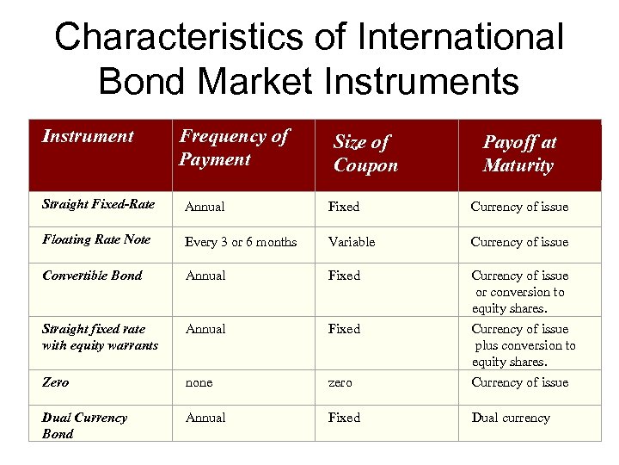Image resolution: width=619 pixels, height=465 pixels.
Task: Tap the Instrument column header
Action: pyautogui.click(x=88, y=136)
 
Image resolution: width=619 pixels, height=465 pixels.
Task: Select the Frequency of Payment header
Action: pyautogui.click(x=233, y=147)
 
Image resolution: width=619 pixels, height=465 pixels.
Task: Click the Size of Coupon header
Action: pyautogui.click(x=365, y=153)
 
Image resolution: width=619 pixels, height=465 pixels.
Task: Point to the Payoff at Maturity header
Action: pyautogui.click(x=518, y=153)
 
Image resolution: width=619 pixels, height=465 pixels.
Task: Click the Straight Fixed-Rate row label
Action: pyautogui.click(x=98, y=205)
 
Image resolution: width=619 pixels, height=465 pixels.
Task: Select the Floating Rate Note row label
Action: pyautogui.click(x=96, y=239)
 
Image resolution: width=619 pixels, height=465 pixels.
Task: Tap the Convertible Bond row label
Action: pyautogui.click(x=92, y=276)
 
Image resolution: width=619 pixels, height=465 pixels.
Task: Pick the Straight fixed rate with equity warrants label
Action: pyautogui.click(x=100, y=337)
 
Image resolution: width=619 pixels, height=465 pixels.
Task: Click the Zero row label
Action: pyautogui.click(x=55, y=382)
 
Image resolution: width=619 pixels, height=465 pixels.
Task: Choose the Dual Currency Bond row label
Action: pyautogui.click(x=84, y=425)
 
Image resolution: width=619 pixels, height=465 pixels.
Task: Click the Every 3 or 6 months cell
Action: pyautogui.click(x=241, y=242)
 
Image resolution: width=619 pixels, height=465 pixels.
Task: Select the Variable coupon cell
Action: pyautogui.click(x=351, y=242)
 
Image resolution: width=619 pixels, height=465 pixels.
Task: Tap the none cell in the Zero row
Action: pyautogui.click(x=199, y=382)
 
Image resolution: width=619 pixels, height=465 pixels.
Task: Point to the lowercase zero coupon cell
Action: pyautogui.click(x=341, y=382)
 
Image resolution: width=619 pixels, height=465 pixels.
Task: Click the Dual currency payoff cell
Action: pyautogui.click(x=510, y=418)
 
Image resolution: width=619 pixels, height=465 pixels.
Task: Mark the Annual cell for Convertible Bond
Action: pyautogui.click(x=205, y=276)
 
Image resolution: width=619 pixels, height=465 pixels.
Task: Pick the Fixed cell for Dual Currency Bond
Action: pyautogui.click(x=344, y=418)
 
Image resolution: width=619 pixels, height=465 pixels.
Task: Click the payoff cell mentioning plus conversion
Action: pyautogui.click(x=523, y=345)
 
